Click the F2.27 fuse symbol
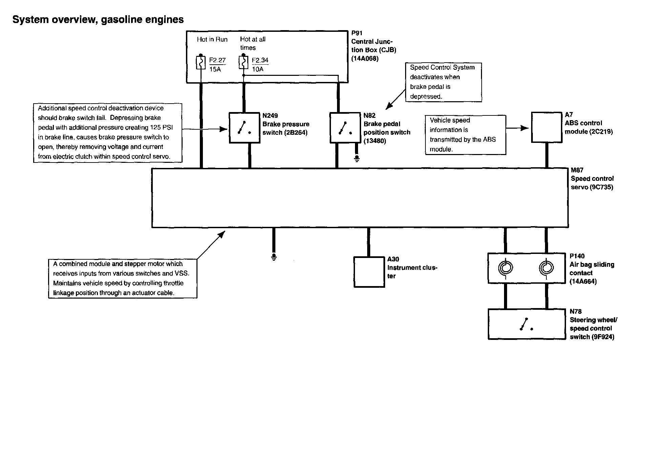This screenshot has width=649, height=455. (201, 63)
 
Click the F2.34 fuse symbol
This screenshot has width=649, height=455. (244, 63)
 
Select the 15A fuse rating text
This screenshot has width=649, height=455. (215, 69)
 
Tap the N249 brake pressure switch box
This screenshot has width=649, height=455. (244, 128)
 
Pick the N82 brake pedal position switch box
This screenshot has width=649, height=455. (345, 128)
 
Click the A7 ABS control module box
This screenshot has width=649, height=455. (546, 128)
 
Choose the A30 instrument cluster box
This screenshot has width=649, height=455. (369, 272)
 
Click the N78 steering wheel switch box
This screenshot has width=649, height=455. (526, 324)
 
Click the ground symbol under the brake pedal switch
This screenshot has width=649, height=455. (357, 158)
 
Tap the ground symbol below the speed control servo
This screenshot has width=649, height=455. (274, 257)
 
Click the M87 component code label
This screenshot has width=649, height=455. (577, 170)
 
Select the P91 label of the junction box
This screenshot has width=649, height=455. (357, 33)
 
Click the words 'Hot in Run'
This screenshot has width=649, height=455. (212, 40)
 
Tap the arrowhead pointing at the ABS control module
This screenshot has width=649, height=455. (525, 128)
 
